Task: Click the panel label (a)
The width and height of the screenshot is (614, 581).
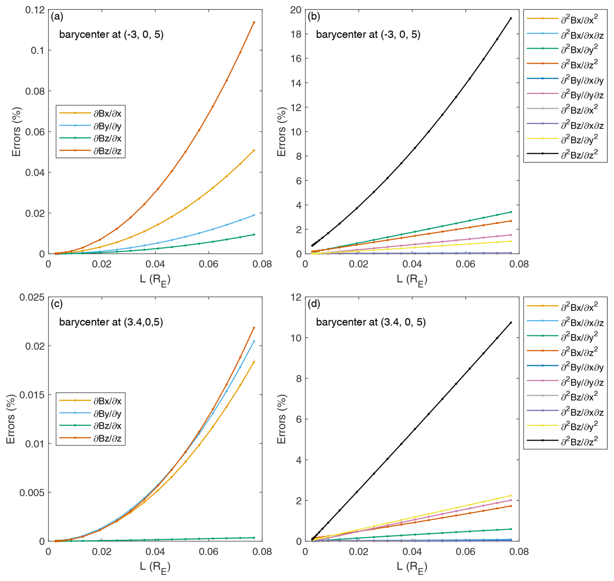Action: (57, 17)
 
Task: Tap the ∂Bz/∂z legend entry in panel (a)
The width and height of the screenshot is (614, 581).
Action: (107, 151)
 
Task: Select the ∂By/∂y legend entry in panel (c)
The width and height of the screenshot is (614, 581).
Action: (107, 414)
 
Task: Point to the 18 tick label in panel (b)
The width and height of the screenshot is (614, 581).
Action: (295, 34)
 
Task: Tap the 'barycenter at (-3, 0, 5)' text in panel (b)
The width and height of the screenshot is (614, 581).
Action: (368, 34)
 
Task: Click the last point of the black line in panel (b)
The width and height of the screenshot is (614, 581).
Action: (511, 18)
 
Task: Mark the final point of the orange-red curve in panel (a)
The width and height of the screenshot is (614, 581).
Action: (254, 22)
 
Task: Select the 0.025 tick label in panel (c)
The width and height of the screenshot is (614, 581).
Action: (32, 297)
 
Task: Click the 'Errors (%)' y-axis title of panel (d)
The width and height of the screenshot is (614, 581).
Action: (281, 419)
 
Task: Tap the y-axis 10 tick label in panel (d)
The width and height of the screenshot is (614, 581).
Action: (295, 338)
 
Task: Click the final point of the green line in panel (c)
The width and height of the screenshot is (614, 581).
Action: (254, 538)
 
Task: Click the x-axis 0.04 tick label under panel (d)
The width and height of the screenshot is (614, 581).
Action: (412, 551)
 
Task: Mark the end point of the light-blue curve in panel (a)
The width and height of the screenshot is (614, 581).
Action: (254, 215)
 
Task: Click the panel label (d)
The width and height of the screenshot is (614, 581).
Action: (314, 304)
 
